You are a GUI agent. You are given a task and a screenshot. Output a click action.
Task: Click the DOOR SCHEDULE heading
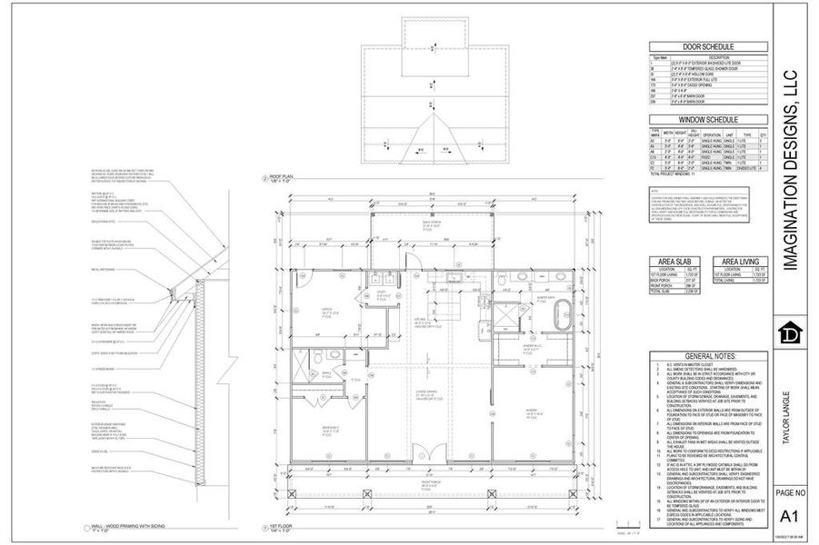708,47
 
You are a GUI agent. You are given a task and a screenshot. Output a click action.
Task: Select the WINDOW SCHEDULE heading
708,120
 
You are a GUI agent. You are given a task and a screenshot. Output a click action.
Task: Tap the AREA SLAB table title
677,262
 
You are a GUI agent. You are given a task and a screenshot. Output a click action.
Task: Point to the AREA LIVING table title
740,262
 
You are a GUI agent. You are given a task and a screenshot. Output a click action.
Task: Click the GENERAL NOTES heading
708,356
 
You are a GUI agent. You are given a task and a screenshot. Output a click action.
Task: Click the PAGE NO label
789,492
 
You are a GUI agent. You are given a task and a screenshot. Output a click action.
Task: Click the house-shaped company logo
789,333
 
